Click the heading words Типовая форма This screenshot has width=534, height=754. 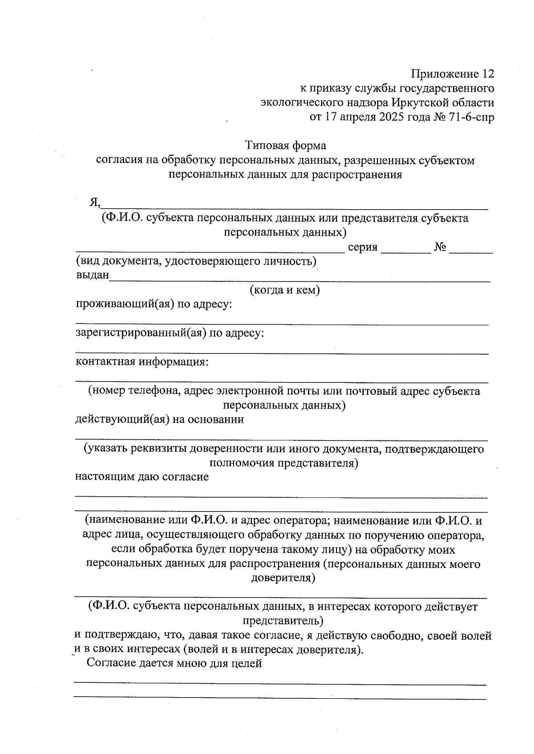point(285,146)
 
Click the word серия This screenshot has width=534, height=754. point(362,247)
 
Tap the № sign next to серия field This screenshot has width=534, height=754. point(440,247)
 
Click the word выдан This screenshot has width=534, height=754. point(92,276)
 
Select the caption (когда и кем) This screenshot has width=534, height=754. point(284,290)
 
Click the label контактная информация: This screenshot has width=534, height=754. point(142,362)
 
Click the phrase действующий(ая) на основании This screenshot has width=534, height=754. point(159,420)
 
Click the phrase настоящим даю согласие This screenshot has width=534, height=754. point(142,477)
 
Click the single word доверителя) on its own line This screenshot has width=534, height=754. point(283,578)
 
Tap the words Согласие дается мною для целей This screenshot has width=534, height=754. point(174,664)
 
